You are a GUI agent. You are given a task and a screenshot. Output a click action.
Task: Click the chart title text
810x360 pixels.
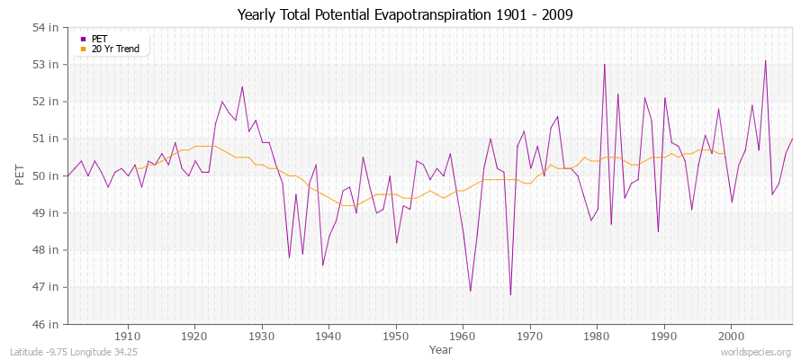tap(404, 14)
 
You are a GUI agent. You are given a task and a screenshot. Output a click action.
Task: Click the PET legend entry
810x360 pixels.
tap(100, 39)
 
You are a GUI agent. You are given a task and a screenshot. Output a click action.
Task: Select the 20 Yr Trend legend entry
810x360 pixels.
tap(115, 49)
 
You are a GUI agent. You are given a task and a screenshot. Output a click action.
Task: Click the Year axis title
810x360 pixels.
tap(441, 348)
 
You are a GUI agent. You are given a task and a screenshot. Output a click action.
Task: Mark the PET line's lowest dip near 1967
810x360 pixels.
tap(510, 294)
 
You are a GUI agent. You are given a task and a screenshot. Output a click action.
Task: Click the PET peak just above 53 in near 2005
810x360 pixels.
tap(765, 61)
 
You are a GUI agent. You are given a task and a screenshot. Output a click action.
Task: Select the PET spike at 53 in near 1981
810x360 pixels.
tap(604, 65)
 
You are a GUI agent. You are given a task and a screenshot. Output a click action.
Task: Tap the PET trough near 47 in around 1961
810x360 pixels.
tap(470, 291)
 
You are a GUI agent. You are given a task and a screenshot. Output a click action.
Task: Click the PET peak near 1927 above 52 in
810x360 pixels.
tap(242, 87)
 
